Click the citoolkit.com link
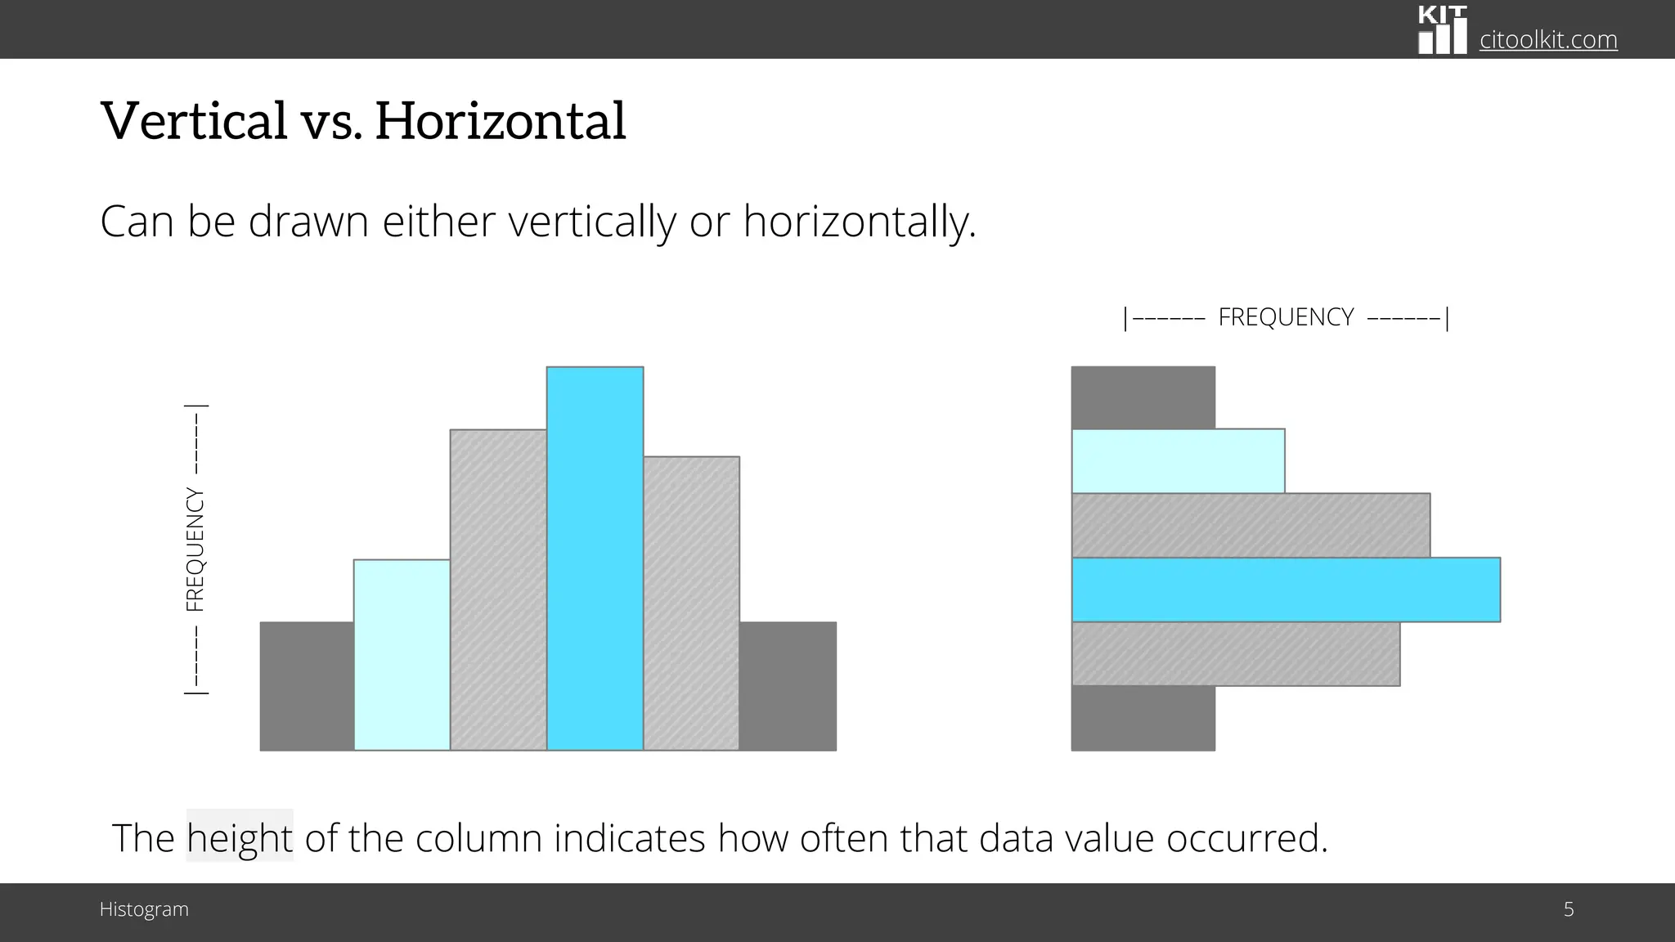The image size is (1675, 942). pyautogui.click(x=1548, y=39)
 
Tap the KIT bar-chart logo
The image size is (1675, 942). pyautogui.click(x=1443, y=30)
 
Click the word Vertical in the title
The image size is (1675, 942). pyautogui.click(x=194, y=120)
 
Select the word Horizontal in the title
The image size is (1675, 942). pyautogui.click(x=501, y=120)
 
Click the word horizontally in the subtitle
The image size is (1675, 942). pyautogui.click(x=859, y=222)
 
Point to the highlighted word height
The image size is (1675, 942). pyautogui.click(x=240, y=838)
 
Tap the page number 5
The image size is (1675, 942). pyautogui.click(x=1569, y=909)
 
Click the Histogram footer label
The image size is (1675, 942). pyautogui.click(x=144, y=909)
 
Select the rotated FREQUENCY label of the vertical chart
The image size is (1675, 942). pyautogui.click(x=195, y=549)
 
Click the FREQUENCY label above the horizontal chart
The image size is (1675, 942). pyautogui.click(x=1286, y=317)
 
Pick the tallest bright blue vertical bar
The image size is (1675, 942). pyautogui.click(x=595, y=558)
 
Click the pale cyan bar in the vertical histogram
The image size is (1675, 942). pyautogui.click(x=402, y=655)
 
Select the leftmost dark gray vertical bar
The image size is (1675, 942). pyautogui.click(x=307, y=686)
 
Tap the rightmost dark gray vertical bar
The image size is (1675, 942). pyautogui.click(x=788, y=686)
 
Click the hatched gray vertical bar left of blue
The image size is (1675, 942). pyautogui.click(x=498, y=590)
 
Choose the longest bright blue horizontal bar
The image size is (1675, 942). pyautogui.click(x=1286, y=590)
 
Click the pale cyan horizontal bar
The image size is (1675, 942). pyautogui.click(x=1178, y=461)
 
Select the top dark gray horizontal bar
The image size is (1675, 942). pyautogui.click(x=1143, y=397)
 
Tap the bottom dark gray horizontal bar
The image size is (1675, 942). pyautogui.click(x=1143, y=718)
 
